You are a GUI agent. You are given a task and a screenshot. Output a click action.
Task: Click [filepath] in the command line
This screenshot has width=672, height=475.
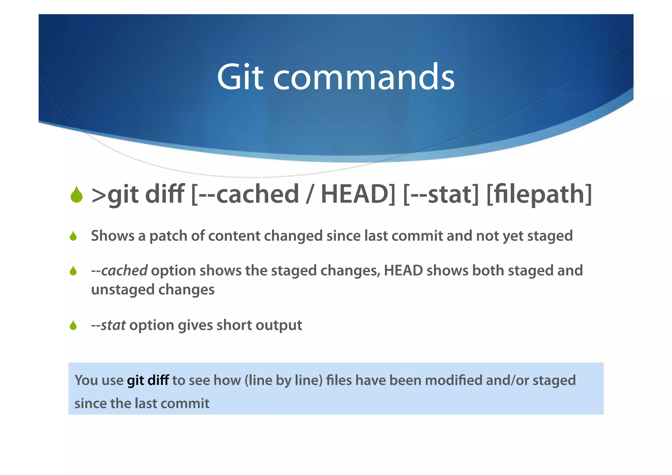point(539,194)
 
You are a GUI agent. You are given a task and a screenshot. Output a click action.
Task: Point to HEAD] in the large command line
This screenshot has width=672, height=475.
point(358,194)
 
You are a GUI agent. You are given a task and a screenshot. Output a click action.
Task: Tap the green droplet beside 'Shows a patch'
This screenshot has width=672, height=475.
point(73,236)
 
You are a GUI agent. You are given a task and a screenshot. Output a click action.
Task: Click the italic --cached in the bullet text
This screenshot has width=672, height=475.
point(119,271)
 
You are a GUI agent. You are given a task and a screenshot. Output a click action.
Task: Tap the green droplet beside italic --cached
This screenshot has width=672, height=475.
point(73,271)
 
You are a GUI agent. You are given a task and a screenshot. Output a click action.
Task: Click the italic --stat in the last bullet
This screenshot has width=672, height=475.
point(108,325)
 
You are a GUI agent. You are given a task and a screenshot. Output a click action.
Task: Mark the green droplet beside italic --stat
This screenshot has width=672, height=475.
point(73,325)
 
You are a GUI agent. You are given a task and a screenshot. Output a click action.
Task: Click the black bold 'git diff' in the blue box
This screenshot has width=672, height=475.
point(148,380)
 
